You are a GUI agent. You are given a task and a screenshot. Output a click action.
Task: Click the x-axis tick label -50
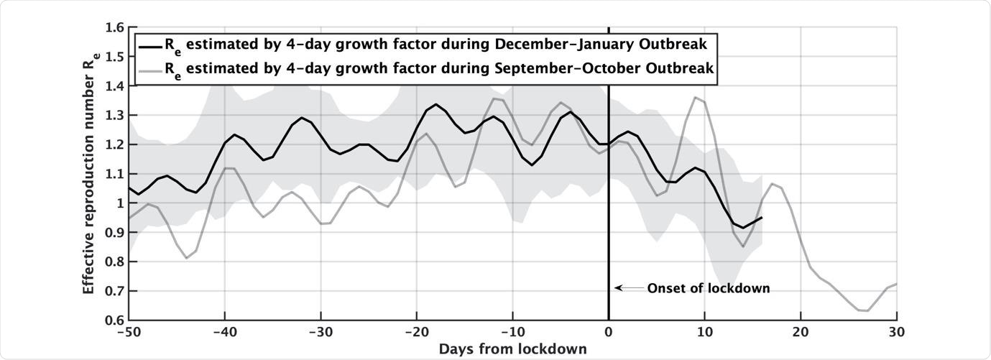click(x=129, y=333)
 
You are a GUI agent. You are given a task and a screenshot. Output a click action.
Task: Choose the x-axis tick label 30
click(x=896, y=333)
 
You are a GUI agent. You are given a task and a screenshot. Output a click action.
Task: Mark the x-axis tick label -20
click(x=417, y=333)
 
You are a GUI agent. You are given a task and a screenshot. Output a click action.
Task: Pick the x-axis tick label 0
click(x=609, y=333)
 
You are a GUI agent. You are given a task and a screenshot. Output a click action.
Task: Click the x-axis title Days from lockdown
click(x=513, y=349)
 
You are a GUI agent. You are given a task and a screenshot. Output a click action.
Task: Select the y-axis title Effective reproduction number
click(x=89, y=172)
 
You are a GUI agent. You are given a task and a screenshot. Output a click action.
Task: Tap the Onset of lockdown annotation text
click(x=709, y=288)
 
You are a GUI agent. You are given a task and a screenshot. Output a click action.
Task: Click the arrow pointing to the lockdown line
click(x=628, y=288)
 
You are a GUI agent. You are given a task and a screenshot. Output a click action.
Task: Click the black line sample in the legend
click(x=149, y=45)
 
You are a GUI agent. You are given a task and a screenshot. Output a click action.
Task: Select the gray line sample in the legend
click(x=149, y=70)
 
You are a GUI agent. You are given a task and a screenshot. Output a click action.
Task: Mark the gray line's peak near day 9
click(x=695, y=97)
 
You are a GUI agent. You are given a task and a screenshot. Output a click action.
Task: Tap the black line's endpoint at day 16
click(x=762, y=217)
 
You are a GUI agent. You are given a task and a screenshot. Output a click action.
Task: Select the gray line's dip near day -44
click(x=187, y=258)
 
